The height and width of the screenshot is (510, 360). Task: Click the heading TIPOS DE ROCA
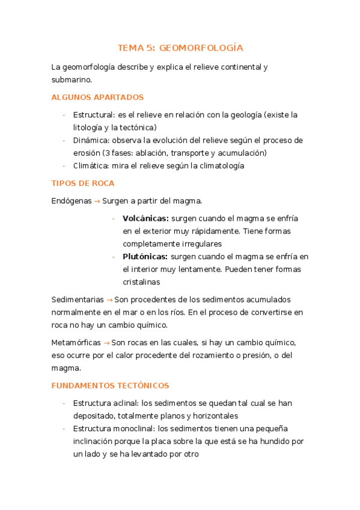83,183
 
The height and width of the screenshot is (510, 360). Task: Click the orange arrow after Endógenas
97,201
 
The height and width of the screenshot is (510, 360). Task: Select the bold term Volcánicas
145,218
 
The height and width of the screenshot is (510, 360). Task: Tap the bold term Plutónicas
145,256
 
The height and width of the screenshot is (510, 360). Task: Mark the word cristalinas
141,282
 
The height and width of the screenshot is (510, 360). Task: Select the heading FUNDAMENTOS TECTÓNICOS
111,386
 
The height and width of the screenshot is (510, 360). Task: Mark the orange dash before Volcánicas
114,218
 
